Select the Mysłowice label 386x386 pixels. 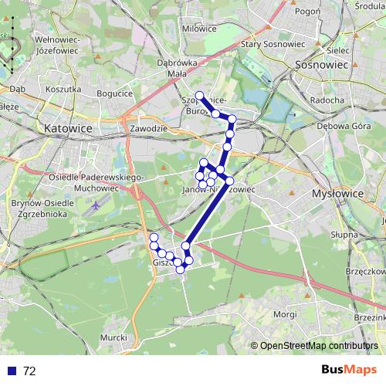[x=337, y=194]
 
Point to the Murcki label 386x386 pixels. [x=113, y=337]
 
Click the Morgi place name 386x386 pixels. [x=285, y=315]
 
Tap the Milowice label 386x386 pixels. [x=199, y=28]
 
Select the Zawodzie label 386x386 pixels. [x=149, y=128]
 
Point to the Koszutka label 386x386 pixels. [x=63, y=90]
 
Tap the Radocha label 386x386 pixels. [x=327, y=100]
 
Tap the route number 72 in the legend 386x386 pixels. [x=29, y=371]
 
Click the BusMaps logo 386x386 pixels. [x=348, y=370]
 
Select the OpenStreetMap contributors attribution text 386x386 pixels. [x=318, y=346]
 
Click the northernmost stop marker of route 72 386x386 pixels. [x=200, y=96]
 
